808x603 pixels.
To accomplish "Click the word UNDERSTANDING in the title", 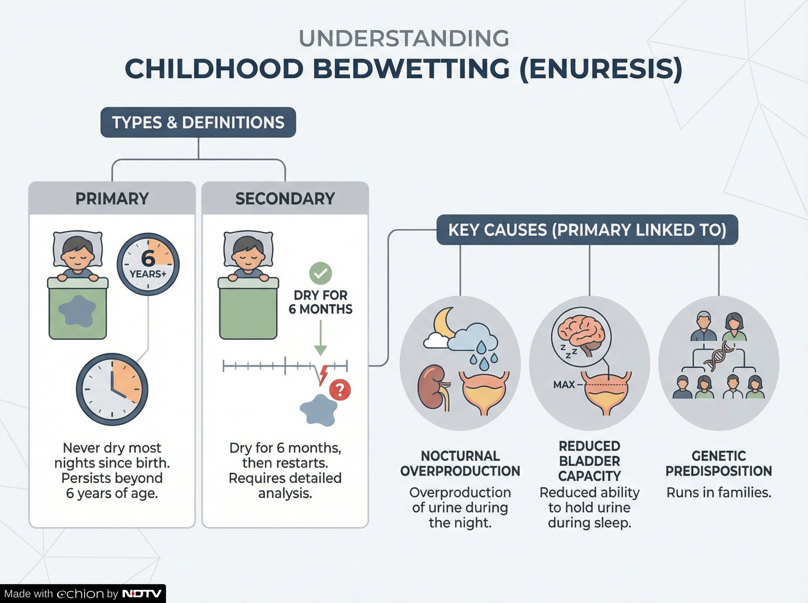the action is click(404, 38).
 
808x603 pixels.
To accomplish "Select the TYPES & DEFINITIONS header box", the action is click(198, 123).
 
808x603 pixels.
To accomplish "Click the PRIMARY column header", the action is click(112, 199).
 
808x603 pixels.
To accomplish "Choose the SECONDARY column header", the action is click(285, 199).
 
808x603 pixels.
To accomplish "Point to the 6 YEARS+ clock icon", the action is click(148, 264).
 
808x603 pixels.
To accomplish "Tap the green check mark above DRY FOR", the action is click(320, 273).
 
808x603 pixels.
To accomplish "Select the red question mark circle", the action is click(340, 390).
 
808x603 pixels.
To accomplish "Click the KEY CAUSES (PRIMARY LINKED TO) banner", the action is click(587, 230).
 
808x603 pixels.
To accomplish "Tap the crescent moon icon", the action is click(443, 323).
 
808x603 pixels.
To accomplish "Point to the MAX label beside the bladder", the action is click(564, 385).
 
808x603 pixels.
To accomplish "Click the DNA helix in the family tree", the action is click(719, 356).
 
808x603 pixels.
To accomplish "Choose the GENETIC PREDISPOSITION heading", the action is click(719, 464).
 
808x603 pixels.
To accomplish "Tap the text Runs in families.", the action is click(719, 492).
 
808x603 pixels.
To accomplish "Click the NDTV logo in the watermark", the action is click(142, 593).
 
